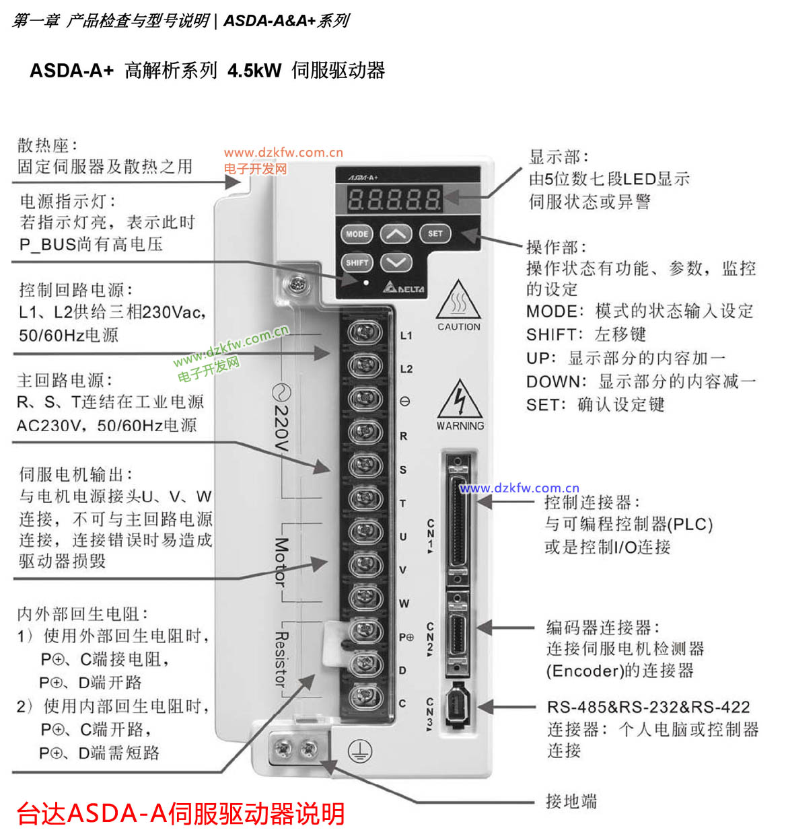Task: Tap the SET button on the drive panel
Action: click(x=435, y=234)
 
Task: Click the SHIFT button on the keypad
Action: click(x=357, y=262)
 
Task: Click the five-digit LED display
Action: click(x=394, y=198)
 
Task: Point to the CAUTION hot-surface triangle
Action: click(x=458, y=302)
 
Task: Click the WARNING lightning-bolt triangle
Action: click(x=460, y=401)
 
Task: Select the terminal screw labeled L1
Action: click(x=365, y=333)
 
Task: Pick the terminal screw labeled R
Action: click(x=365, y=432)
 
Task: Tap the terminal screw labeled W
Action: click(x=365, y=599)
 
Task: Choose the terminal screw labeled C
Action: click(x=365, y=698)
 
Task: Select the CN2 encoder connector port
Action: click(x=457, y=634)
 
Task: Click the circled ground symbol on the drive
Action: click(x=359, y=751)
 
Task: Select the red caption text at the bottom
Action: click(x=180, y=813)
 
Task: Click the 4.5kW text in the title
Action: click(x=254, y=71)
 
